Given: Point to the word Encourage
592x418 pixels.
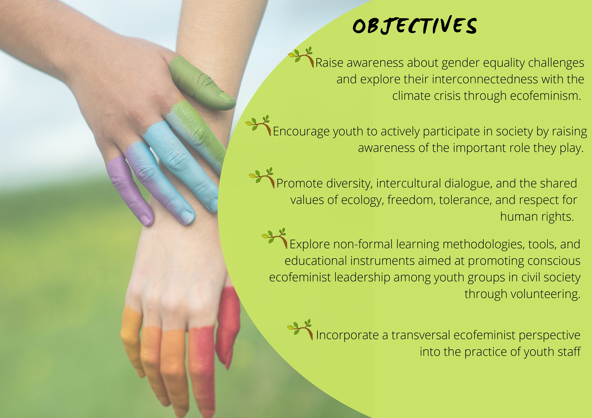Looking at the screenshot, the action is (x=301, y=132).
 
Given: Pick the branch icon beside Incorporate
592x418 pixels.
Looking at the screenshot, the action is (x=300, y=330).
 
